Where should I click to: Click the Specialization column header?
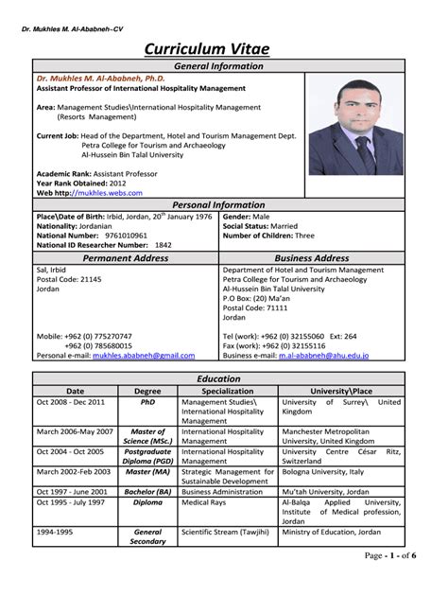point(227,389)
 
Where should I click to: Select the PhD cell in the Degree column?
point(147,401)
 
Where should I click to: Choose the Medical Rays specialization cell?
point(208,502)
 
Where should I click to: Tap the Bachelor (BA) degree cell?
point(147,491)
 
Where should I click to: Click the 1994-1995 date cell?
point(57,533)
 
